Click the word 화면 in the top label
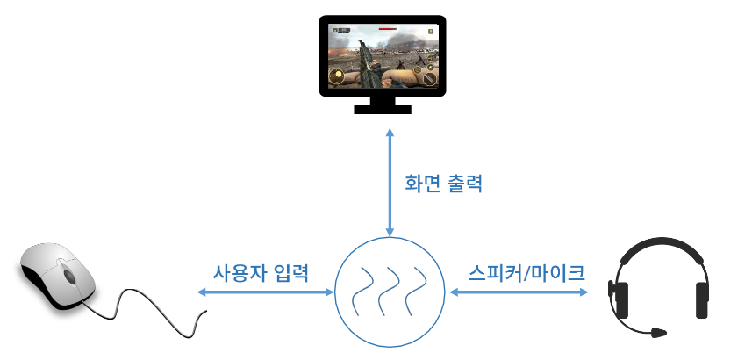point(419,184)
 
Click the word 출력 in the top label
point(462,184)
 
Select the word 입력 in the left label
point(291,270)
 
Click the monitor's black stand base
point(382,109)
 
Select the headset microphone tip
point(658,333)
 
